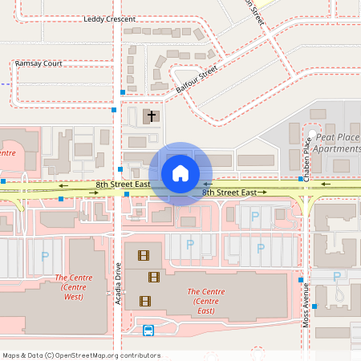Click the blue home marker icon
[180, 173]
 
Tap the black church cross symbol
[151, 116]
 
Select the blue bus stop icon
[148, 330]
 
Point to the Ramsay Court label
[39, 63]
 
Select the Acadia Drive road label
[117, 285]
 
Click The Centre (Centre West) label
[74, 287]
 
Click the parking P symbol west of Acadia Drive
[44, 257]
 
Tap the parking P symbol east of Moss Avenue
[336, 277]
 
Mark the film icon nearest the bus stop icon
[144, 301]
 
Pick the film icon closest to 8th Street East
[143, 256]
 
